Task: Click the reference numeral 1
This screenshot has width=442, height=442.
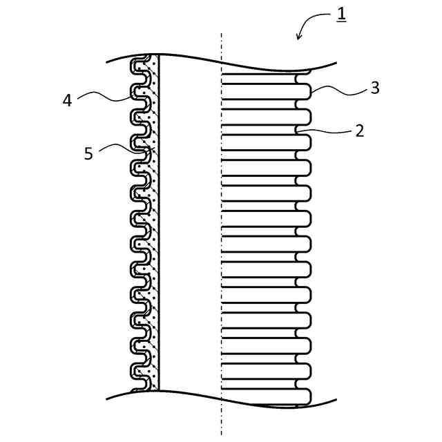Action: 341,13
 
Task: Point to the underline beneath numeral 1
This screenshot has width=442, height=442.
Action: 341,23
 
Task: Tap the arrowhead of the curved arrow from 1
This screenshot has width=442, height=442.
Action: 298,37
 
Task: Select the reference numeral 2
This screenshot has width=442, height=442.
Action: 359,131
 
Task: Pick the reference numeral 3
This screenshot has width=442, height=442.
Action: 374,88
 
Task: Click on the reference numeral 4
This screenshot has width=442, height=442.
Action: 67,100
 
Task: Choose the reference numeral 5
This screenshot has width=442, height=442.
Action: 88,153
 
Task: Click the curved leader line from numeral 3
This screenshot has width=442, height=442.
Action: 338,88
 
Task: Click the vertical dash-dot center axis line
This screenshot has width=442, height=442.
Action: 222,228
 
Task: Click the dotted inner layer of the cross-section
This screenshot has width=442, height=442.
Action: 155,228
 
